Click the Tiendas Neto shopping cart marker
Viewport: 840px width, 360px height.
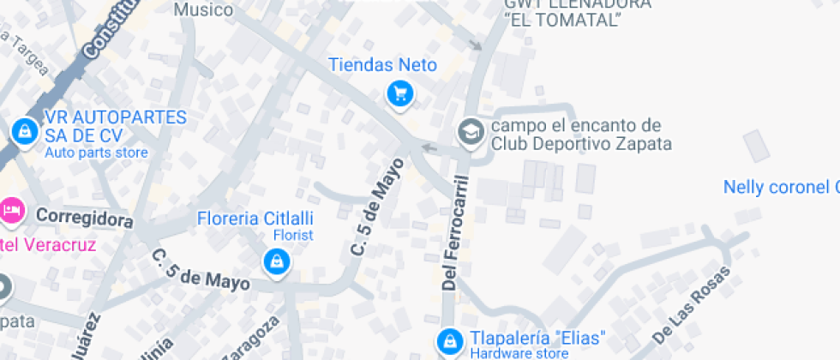pos(399,93)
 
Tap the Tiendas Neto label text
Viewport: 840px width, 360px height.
pos(382,65)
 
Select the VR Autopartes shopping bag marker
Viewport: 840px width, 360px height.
pos(23,131)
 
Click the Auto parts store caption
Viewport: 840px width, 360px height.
pos(96,153)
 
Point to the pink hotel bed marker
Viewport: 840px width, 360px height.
pos(10,208)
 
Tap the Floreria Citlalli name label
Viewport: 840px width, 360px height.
pos(255,218)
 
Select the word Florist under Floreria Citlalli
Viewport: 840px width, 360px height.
pos(293,235)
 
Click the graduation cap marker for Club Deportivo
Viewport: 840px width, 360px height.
pos(470,132)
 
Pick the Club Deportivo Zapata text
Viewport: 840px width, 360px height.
pos(581,144)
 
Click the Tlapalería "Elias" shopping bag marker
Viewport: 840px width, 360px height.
pos(447,343)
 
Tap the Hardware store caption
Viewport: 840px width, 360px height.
pos(518,352)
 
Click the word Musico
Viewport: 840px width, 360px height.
pos(203,9)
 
